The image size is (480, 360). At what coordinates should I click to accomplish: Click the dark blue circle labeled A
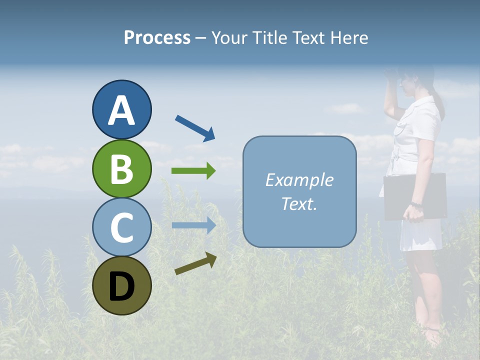[121, 109]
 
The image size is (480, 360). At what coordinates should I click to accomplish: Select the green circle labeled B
[121, 168]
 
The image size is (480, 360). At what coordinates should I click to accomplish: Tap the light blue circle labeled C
[121, 227]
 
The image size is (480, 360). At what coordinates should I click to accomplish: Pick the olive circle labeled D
[121, 285]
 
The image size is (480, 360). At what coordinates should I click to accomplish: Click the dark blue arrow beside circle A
[195, 128]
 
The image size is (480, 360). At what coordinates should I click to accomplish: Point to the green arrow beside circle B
[193, 170]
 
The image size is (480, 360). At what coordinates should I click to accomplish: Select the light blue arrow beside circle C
[193, 225]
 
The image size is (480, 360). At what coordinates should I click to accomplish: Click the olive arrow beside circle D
[195, 263]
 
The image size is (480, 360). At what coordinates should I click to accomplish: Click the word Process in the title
[157, 38]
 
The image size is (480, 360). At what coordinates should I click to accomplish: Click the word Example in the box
[299, 180]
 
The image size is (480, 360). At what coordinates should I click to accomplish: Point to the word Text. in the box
[299, 203]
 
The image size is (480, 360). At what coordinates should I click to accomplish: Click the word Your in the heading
[229, 38]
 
